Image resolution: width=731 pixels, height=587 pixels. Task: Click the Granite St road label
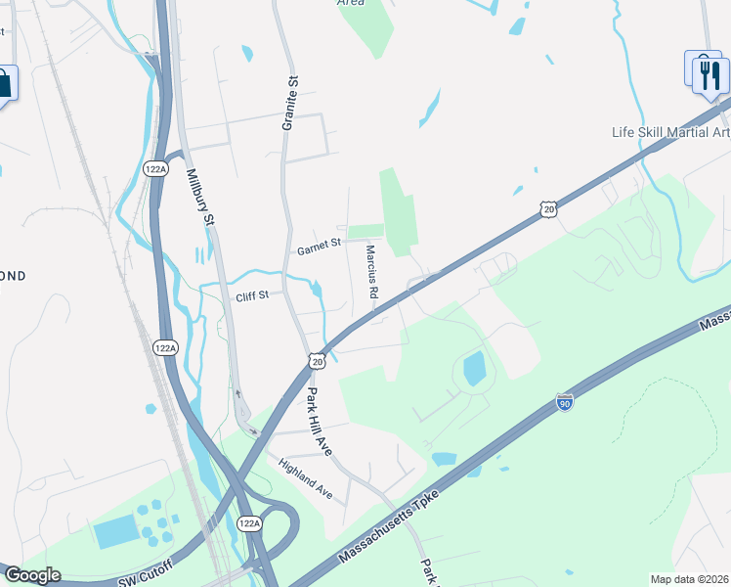pos(289,104)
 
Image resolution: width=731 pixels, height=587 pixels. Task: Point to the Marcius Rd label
pos(372,272)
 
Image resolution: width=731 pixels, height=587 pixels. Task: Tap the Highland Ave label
pos(306,479)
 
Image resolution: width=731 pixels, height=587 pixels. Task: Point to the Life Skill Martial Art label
pos(670,133)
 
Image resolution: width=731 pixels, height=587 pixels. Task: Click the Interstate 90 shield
pos(564,401)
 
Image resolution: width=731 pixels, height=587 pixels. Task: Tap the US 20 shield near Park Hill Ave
pos(317,362)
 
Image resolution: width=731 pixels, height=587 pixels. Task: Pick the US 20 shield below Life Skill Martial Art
pos(549,209)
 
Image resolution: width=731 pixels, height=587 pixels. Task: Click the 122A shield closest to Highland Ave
pos(249,524)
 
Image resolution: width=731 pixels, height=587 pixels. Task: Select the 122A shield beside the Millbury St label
pos(155,168)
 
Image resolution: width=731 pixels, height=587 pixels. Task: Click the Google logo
pos(31,575)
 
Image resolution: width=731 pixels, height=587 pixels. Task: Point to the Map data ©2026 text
pos(688,579)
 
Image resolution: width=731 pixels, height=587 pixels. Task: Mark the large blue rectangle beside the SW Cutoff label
pos(114,533)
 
